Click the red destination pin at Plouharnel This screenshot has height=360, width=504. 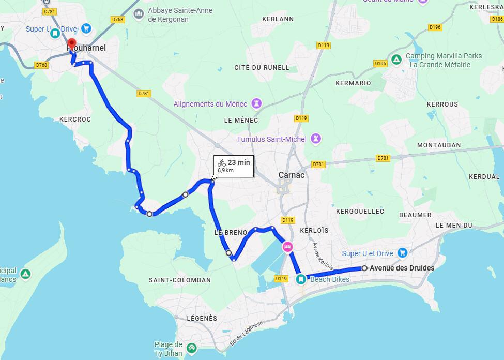(72, 44)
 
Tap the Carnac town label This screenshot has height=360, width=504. (292, 175)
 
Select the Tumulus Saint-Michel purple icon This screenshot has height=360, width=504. (316, 139)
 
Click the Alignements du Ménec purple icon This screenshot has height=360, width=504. (255, 103)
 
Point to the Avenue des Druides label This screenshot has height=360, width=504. (402, 268)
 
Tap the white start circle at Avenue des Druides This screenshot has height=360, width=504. (364, 268)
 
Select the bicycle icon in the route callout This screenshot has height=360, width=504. (222, 162)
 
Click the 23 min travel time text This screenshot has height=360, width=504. (239, 162)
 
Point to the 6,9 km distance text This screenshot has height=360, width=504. (225, 170)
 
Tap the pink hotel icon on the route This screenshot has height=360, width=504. (287, 247)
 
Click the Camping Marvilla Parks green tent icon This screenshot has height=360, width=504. (396, 60)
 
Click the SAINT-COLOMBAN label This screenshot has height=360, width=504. (179, 280)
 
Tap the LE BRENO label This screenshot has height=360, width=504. (229, 233)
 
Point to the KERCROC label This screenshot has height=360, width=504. (75, 119)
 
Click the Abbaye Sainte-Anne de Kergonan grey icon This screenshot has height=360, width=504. (138, 13)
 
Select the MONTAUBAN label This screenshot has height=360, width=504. (438, 145)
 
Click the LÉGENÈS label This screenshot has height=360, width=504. (202, 318)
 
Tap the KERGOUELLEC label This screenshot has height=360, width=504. (360, 212)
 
